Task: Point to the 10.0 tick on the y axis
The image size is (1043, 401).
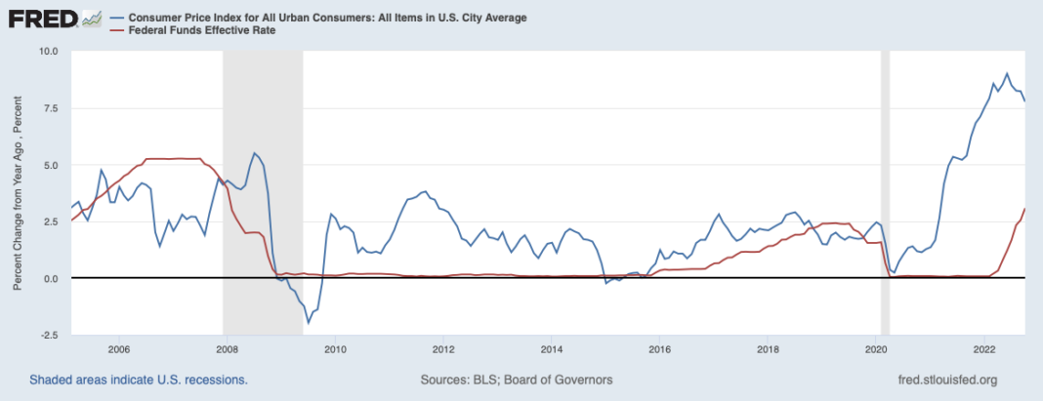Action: pyautogui.click(x=49, y=51)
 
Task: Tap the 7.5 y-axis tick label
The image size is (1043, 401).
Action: pyautogui.click(x=52, y=108)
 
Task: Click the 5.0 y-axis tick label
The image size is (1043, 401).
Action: pyautogui.click(x=52, y=165)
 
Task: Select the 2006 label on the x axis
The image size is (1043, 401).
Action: pyautogui.click(x=118, y=348)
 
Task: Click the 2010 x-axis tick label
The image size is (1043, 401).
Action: pyautogui.click(x=335, y=348)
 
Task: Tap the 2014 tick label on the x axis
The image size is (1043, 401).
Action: pyautogui.click(x=551, y=348)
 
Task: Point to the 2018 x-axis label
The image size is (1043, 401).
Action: pyautogui.click(x=768, y=348)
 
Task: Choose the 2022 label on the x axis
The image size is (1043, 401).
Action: pyautogui.click(x=984, y=348)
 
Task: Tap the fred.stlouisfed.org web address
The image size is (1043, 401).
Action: pyautogui.click(x=951, y=379)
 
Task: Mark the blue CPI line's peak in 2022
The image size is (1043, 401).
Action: pyautogui.click(x=1007, y=73)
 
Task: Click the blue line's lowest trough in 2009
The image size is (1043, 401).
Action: pyautogui.click(x=309, y=323)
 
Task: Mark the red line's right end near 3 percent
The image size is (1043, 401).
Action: pyautogui.click(x=1024, y=209)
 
